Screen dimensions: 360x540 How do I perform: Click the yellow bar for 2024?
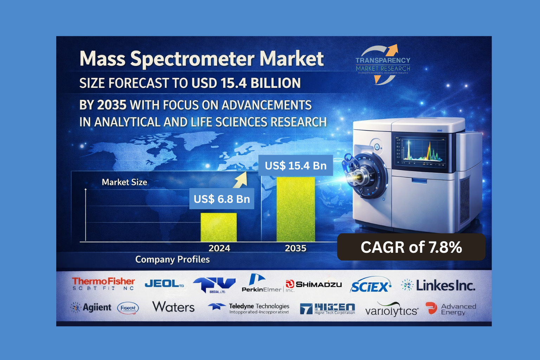click(x=218, y=227)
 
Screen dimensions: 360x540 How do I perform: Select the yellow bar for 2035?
click(x=296, y=209)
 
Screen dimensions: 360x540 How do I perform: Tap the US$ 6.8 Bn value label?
click(x=221, y=199)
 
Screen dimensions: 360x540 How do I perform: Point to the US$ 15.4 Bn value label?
click(x=296, y=165)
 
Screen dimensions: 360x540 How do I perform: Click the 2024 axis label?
click(x=219, y=248)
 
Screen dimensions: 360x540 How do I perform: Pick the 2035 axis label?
click(x=296, y=248)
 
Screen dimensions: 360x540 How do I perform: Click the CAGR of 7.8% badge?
click(x=411, y=247)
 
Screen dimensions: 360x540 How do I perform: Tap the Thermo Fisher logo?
click(x=103, y=284)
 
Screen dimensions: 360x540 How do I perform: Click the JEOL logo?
click(x=164, y=284)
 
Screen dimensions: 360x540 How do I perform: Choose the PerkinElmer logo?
click(x=262, y=284)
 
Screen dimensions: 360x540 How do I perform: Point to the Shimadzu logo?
click(x=314, y=284)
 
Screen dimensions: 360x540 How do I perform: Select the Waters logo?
click(x=173, y=307)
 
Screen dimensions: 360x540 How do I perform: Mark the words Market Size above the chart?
click(x=124, y=182)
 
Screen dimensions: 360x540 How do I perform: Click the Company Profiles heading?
click(x=172, y=259)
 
